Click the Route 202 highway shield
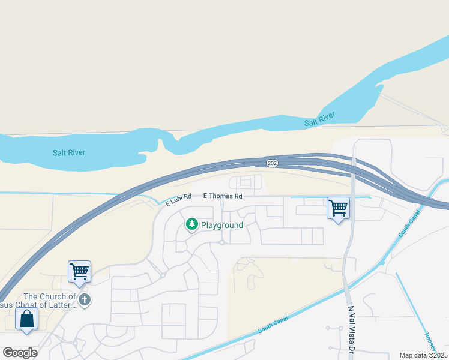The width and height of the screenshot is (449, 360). pyautogui.click(x=272, y=162)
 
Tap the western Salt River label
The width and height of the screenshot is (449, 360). pyautogui.click(x=68, y=152)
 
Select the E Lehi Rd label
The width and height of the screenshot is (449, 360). pyautogui.click(x=179, y=200)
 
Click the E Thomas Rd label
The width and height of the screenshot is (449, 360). pyautogui.click(x=222, y=196)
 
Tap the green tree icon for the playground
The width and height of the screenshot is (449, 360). pyautogui.click(x=191, y=224)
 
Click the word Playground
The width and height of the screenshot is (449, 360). pyautogui.click(x=222, y=225)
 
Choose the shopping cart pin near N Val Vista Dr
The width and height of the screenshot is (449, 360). pyautogui.click(x=339, y=208)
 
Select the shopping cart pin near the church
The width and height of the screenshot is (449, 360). pyautogui.click(x=79, y=271)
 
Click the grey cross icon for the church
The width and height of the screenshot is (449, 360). pyautogui.click(x=85, y=299)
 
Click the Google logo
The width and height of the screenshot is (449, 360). pyautogui.click(x=20, y=352)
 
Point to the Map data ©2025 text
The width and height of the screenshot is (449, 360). pyautogui.click(x=423, y=355)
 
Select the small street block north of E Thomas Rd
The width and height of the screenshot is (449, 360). pyautogui.click(x=246, y=182)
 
